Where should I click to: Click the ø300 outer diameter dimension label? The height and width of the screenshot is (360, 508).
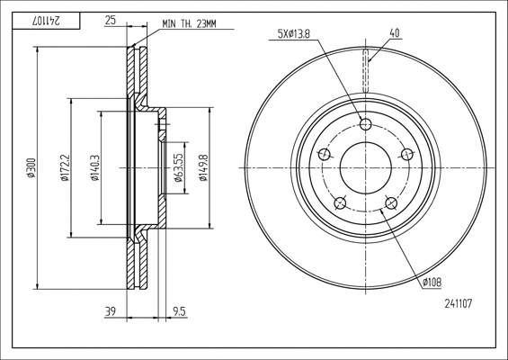[31, 167]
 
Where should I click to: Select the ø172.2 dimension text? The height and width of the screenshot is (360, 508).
[64, 167]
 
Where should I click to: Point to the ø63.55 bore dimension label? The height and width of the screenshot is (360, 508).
[179, 167]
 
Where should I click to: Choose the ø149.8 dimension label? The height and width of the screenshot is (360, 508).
[203, 167]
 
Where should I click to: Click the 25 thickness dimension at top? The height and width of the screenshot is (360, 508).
[111, 21]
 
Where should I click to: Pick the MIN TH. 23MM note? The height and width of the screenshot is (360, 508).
[189, 24]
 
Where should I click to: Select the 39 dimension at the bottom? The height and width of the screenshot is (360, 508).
[111, 311]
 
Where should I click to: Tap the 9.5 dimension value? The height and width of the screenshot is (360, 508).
[179, 311]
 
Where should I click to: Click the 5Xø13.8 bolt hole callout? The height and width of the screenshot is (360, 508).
[294, 33]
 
